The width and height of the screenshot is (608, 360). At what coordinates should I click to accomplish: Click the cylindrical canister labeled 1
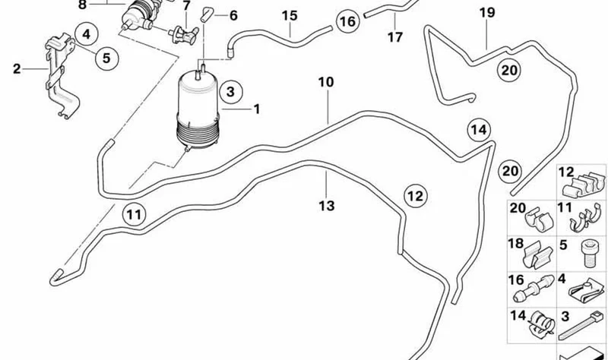[198, 109]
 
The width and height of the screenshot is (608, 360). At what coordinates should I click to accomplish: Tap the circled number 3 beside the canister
[231, 92]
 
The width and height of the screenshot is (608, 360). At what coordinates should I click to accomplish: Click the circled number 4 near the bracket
[86, 34]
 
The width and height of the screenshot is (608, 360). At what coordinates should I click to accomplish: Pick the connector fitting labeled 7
[183, 35]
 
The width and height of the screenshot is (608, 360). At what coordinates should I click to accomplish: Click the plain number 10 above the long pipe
[326, 82]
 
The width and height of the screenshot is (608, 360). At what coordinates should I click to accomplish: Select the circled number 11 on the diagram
[135, 214]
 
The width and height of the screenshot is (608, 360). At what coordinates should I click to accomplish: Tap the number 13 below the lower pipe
[327, 206]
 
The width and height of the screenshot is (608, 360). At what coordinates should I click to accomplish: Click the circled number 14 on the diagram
[479, 130]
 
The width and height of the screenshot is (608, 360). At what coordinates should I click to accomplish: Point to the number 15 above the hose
[290, 16]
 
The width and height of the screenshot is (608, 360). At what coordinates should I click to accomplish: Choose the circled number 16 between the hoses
[347, 21]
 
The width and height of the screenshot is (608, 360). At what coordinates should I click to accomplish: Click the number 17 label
[395, 37]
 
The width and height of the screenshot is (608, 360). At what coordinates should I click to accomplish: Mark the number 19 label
[487, 13]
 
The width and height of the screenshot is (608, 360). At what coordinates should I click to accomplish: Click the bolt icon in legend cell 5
[588, 253]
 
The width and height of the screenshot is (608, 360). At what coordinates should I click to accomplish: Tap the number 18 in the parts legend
[516, 244]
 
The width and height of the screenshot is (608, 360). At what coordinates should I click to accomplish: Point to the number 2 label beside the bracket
[16, 69]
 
